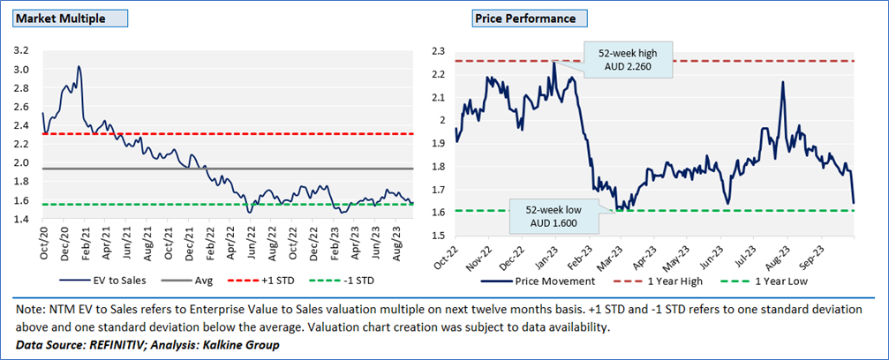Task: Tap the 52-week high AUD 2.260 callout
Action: click(x=627, y=58)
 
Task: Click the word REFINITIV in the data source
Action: click(x=123, y=344)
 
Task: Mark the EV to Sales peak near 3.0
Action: click(x=79, y=66)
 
